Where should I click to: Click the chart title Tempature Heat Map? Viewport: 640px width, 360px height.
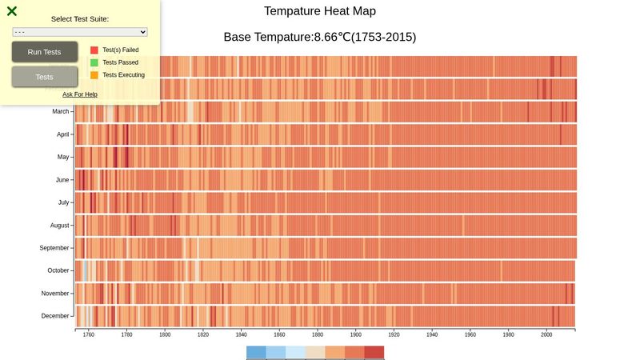point(319,11)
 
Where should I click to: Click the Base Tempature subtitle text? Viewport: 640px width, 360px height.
point(319,38)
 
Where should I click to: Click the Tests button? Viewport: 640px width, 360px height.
point(45,77)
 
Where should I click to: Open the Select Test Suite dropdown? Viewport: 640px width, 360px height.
point(80,32)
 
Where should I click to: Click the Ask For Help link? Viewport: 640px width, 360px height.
point(80,94)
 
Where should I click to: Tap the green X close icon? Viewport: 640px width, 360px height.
point(12,11)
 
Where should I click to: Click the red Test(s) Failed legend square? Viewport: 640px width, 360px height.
point(94,50)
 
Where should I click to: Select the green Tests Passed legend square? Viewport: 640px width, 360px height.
point(94,62)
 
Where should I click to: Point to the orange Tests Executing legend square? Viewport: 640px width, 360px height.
point(94,75)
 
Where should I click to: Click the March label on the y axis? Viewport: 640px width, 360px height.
point(61,112)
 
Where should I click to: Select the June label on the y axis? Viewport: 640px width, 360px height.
point(62,180)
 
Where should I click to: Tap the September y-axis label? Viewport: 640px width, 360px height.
point(54,248)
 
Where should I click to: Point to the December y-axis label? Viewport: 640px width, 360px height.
point(55,316)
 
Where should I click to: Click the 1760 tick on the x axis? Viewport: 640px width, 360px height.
point(88,335)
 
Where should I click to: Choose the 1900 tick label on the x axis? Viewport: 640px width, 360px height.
point(356,335)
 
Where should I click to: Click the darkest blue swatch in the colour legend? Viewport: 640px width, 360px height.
point(256,353)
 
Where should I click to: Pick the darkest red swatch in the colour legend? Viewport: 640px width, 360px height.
point(374,353)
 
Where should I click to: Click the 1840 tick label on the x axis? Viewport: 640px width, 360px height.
point(241,335)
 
